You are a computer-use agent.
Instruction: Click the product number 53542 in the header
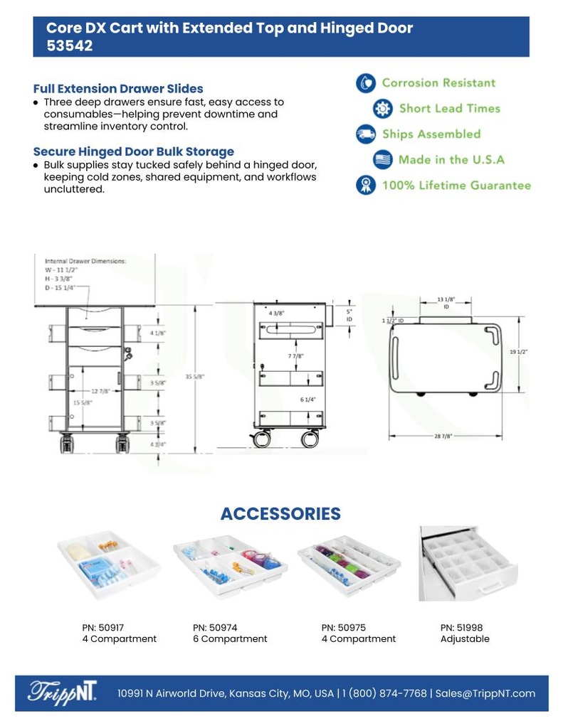(x=70, y=45)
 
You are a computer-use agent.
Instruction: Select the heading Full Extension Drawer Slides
(x=118, y=89)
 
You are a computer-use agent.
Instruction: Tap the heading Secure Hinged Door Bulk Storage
(x=133, y=151)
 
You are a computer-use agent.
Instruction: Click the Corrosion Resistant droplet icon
(x=365, y=83)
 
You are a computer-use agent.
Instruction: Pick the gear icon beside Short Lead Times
(x=382, y=109)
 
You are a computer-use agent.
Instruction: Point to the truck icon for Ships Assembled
(x=365, y=134)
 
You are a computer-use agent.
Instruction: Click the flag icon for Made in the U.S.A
(x=382, y=160)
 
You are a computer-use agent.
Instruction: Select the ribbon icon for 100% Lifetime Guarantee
(x=365, y=186)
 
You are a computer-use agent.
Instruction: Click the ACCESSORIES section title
(x=280, y=513)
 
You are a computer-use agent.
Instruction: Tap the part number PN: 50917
(x=102, y=628)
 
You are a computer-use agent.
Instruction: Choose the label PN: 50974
(x=215, y=628)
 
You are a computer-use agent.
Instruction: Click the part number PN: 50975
(x=343, y=628)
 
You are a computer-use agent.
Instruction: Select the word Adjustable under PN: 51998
(x=465, y=639)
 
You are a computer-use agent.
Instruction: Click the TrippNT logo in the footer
(x=63, y=692)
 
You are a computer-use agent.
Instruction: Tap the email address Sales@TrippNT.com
(x=485, y=693)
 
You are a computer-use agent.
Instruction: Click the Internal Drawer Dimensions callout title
(x=85, y=261)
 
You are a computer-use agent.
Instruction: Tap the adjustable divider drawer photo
(x=468, y=564)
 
